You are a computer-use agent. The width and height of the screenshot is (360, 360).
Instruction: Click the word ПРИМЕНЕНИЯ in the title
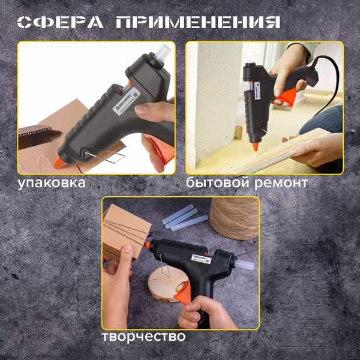coord(199,22)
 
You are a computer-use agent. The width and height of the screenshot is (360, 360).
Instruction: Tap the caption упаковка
coord(52,182)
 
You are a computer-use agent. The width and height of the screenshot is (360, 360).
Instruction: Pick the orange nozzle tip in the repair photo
coord(255,145)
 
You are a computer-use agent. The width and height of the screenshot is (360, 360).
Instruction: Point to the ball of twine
coord(235,217)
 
